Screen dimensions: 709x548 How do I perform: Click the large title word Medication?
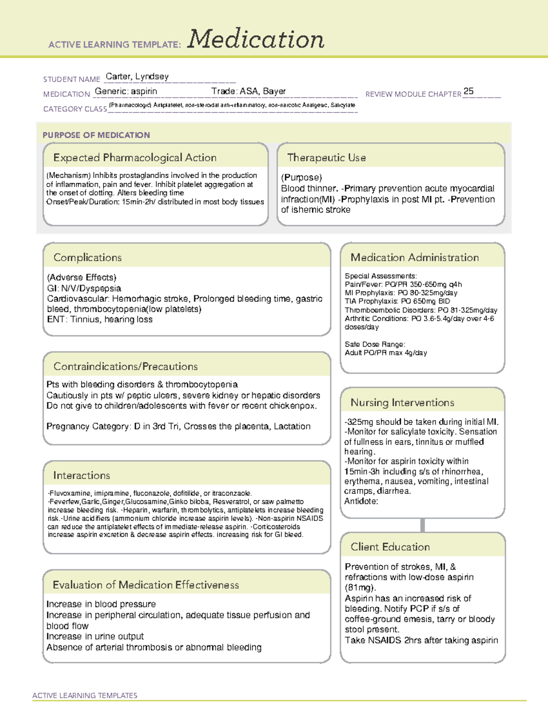click(256, 39)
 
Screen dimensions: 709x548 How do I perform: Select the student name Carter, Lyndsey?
click(137, 77)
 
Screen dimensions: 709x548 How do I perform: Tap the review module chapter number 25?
click(469, 91)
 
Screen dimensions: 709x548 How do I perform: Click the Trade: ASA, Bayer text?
click(248, 91)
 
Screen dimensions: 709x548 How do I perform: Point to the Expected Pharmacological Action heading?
click(135, 158)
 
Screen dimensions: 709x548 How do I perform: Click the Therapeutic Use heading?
click(326, 158)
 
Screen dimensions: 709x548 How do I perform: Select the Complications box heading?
click(87, 257)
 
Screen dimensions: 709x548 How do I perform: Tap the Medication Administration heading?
click(414, 257)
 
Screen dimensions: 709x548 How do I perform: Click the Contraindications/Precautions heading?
click(125, 367)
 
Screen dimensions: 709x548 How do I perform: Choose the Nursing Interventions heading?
click(402, 403)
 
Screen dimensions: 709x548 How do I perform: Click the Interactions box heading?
click(81, 476)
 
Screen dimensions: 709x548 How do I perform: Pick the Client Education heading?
click(390, 547)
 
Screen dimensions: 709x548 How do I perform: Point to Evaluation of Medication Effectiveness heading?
click(146, 585)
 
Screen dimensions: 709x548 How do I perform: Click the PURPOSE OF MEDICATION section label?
click(96, 135)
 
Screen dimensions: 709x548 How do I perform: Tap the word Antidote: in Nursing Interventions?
click(361, 501)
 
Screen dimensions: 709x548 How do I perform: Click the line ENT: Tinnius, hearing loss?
click(100, 320)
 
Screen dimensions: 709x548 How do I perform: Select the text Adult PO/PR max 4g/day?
click(385, 353)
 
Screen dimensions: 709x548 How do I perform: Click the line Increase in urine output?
click(95, 636)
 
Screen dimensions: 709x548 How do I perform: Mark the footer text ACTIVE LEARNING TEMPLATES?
click(84, 695)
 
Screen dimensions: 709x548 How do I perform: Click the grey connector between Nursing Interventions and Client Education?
click(422, 525)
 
